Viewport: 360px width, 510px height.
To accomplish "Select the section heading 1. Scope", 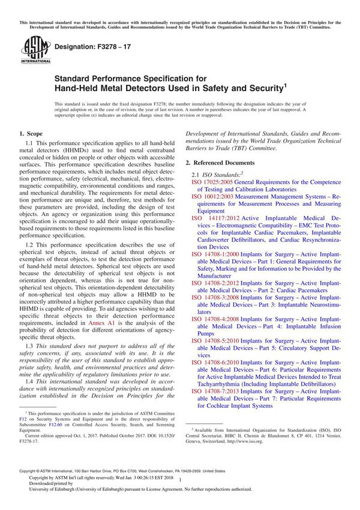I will point(30,134).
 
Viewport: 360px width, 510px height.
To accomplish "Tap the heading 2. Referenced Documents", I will point(220,163).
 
